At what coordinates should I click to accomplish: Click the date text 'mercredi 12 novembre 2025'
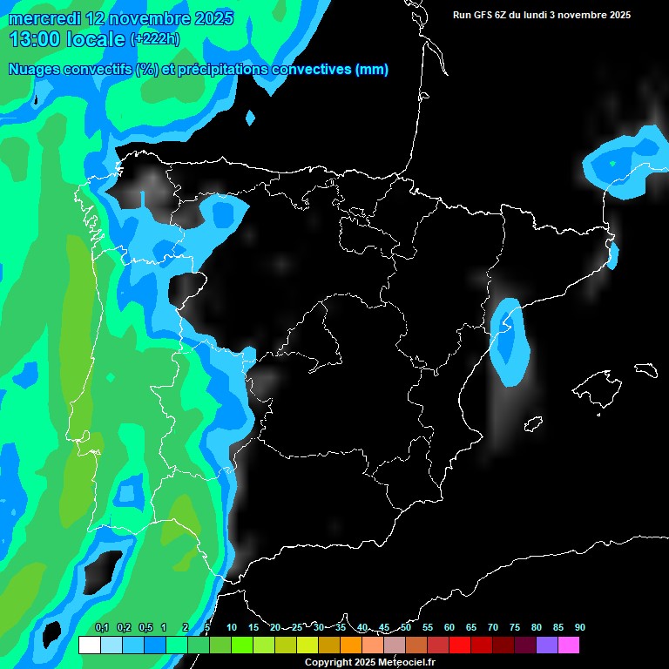[120, 18]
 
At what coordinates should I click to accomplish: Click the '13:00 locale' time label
[67, 38]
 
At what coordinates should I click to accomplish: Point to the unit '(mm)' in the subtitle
[372, 70]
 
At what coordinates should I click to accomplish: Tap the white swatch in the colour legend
[89, 645]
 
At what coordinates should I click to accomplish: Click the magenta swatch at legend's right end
[569, 645]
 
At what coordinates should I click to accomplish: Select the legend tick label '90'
[579, 627]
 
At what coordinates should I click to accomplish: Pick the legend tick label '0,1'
[102, 627]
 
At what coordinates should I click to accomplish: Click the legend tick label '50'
[406, 627]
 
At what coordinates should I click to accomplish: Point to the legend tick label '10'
[232, 627]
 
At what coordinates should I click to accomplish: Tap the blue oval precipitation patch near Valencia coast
[510, 341]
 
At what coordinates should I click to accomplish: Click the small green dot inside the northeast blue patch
[612, 163]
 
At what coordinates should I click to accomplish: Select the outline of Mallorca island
[598, 388]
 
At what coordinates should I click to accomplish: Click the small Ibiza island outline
[533, 423]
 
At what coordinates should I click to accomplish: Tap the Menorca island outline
[646, 369]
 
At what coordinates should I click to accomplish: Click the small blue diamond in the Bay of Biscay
[251, 117]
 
